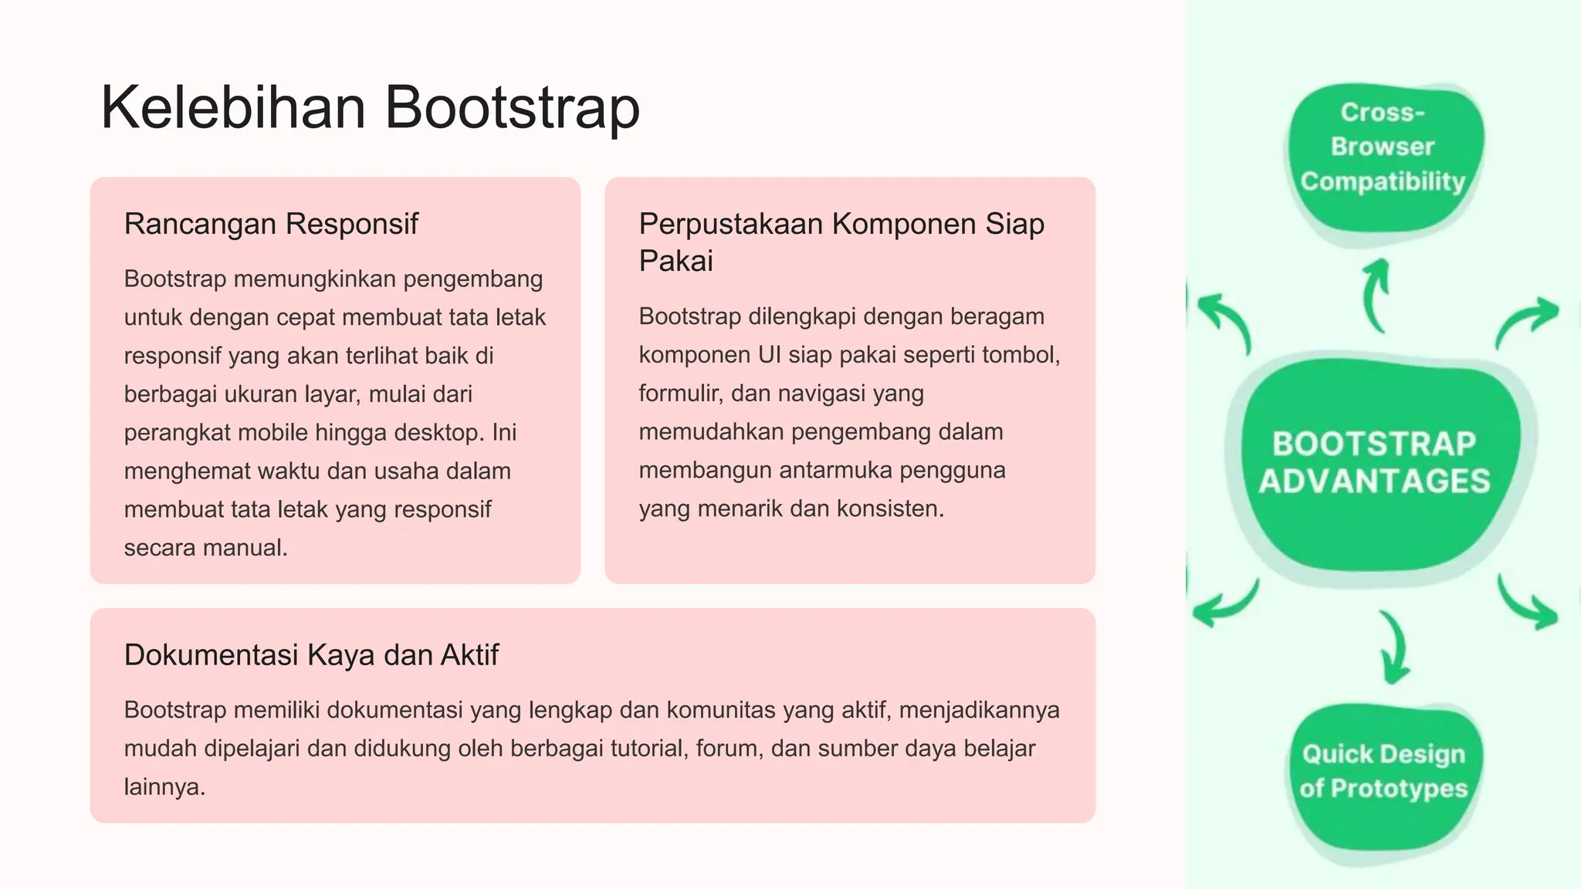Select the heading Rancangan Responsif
[271, 224]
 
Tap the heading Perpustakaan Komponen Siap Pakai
[841, 242]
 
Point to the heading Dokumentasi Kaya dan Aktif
[311, 654]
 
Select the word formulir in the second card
[679, 394]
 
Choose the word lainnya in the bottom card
[164, 787]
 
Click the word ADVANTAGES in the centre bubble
[1375, 482]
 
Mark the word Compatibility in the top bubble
[1383, 181]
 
